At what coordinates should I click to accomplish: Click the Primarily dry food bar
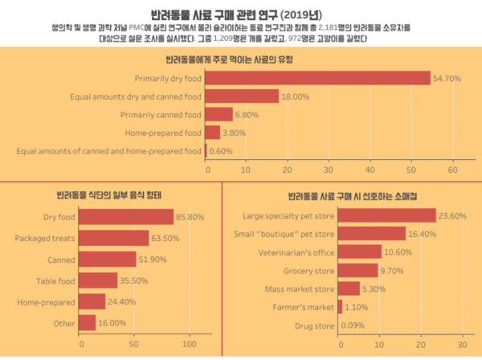pos(318,79)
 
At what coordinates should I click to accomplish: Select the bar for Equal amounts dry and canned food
pos(243,96)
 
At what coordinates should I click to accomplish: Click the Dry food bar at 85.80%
pos(127,217)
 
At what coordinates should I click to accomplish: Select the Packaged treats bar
pos(115,238)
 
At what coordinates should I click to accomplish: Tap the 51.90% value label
pos(154,260)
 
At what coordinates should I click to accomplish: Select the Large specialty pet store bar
pos(387,215)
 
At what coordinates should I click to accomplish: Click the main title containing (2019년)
pos(240,14)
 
